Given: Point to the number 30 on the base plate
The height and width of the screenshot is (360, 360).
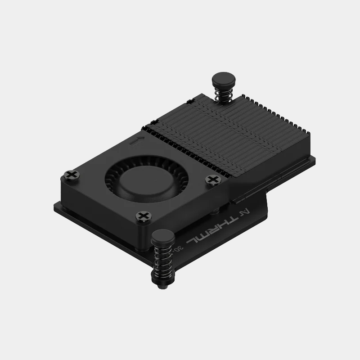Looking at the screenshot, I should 180,247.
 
